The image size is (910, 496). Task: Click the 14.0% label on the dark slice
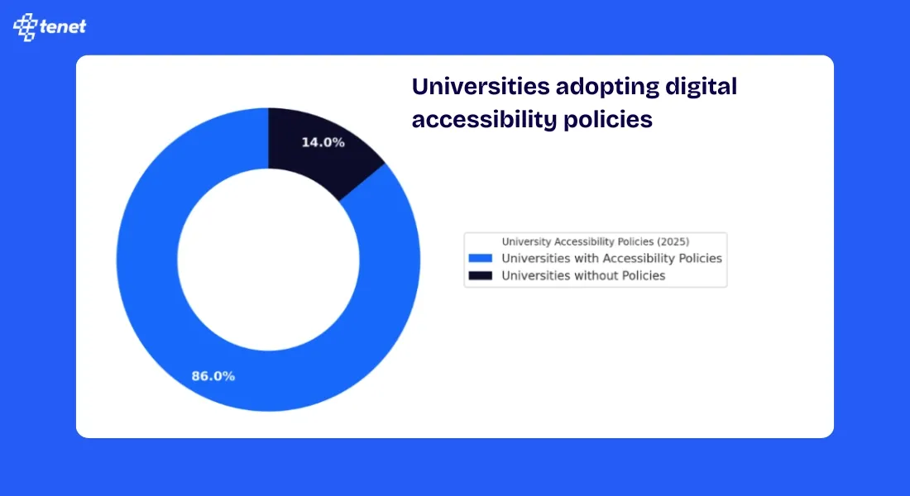pos(323,142)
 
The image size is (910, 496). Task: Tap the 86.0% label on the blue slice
pos(213,376)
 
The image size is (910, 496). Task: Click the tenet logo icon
pos(26,26)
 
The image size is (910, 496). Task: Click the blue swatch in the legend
pos(480,259)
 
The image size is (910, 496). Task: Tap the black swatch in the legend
pos(480,275)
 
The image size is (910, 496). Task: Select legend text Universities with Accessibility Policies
pos(611,259)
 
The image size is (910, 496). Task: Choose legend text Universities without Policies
pos(583,275)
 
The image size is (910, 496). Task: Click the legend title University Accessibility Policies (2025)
pos(596,241)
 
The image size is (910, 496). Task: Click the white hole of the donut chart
pos(268,260)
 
